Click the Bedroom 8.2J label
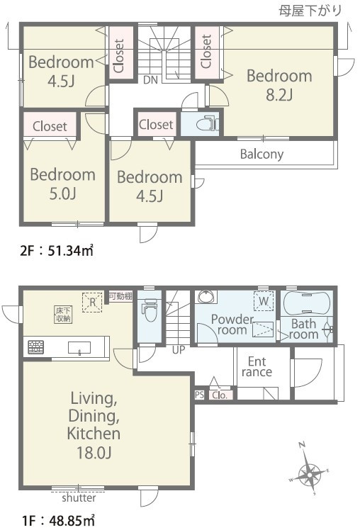tap(279, 85)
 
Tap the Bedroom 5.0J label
tap(63, 184)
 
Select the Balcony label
tap(261, 154)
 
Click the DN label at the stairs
tap(150, 80)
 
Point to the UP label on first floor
tap(179, 350)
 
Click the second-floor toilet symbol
tap(206, 123)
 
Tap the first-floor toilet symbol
tap(150, 311)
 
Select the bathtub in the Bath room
tap(306, 303)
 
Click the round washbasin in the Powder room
tap(206, 297)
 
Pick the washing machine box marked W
tap(264, 301)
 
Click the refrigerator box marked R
tap(92, 302)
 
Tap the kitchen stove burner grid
tap(36, 346)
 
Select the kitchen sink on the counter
tap(79, 347)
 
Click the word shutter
tap(79, 498)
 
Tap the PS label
tap(199, 395)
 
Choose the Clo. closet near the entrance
tap(220, 395)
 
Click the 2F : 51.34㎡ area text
tap(57, 251)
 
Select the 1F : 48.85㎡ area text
tap(58, 521)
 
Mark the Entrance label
tap(257, 367)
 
